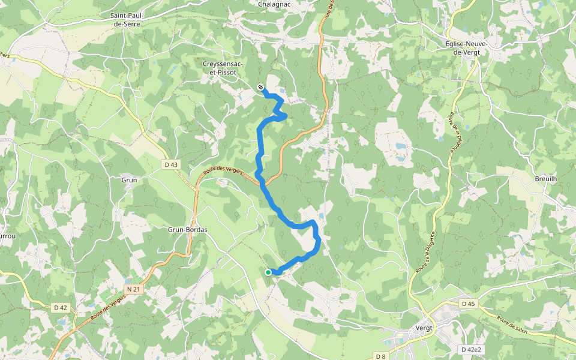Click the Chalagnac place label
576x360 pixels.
(x=274, y=4)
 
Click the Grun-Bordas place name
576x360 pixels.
(x=187, y=229)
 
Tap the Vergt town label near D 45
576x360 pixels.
(x=424, y=328)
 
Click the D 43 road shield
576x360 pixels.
(x=171, y=164)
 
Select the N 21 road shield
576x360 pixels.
(x=134, y=289)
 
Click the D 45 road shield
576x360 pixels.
(x=468, y=304)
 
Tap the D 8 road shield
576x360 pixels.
(x=380, y=356)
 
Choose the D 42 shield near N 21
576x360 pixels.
(x=61, y=308)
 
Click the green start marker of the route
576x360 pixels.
(x=268, y=272)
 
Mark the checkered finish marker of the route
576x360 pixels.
(x=261, y=88)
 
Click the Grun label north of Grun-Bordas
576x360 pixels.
(x=130, y=179)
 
